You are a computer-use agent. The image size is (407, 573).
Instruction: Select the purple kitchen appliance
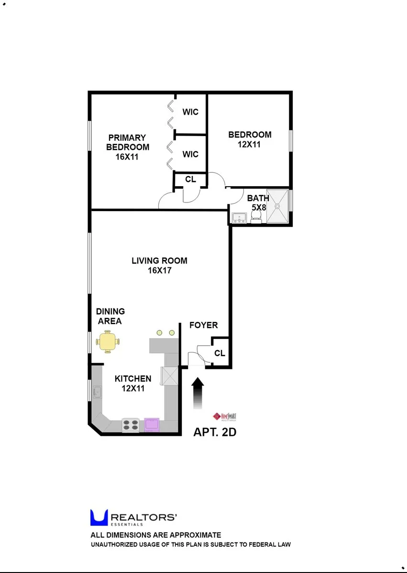tap(152, 424)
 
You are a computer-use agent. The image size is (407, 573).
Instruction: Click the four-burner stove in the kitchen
tap(131, 424)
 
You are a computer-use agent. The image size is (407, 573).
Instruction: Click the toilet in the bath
tap(257, 217)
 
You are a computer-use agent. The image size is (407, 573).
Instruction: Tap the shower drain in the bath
tap(277, 206)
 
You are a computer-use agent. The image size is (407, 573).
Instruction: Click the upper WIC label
tap(190, 112)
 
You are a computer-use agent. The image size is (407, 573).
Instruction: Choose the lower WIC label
tap(190, 154)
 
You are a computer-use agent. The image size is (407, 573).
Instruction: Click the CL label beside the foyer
tap(220, 353)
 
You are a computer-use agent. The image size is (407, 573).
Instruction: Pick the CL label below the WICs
tap(190, 180)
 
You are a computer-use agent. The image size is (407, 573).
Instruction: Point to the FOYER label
tap(203, 325)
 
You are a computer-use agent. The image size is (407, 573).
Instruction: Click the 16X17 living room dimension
tap(160, 270)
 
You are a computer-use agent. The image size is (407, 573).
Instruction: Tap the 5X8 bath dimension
tap(259, 208)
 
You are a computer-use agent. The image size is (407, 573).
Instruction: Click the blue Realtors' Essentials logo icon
tap(99, 518)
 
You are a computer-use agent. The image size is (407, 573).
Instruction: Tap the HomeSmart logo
tap(225, 416)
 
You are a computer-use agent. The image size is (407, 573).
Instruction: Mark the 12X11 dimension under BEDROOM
tap(249, 144)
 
